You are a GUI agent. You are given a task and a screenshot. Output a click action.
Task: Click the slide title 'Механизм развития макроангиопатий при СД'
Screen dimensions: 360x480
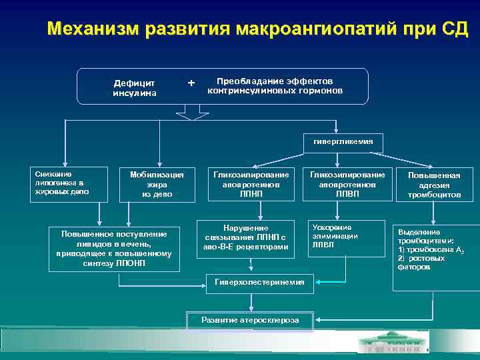pyautogui.click(x=257, y=29)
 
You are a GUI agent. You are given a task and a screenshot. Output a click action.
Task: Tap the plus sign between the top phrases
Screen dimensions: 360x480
pyautogui.click(x=192, y=83)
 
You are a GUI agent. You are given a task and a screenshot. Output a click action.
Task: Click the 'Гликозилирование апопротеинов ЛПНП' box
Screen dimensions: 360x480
pyautogui.click(x=251, y=183)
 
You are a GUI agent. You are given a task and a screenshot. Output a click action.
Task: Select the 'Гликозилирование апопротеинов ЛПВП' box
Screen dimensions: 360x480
pyautogui.click(x=347, y=183)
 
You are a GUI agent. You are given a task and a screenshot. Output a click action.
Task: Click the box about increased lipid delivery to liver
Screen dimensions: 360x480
pyautogui.click(x=116, y=248)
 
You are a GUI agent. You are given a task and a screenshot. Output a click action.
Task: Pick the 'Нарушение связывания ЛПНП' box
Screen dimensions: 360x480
pyautogui.click(x=246, y=238)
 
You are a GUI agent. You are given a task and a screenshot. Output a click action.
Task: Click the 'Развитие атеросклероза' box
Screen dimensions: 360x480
pyautogui.click(x=249, y=320)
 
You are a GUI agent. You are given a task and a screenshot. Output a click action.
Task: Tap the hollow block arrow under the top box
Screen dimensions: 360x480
pyautogui.click(x=192, y=113)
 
